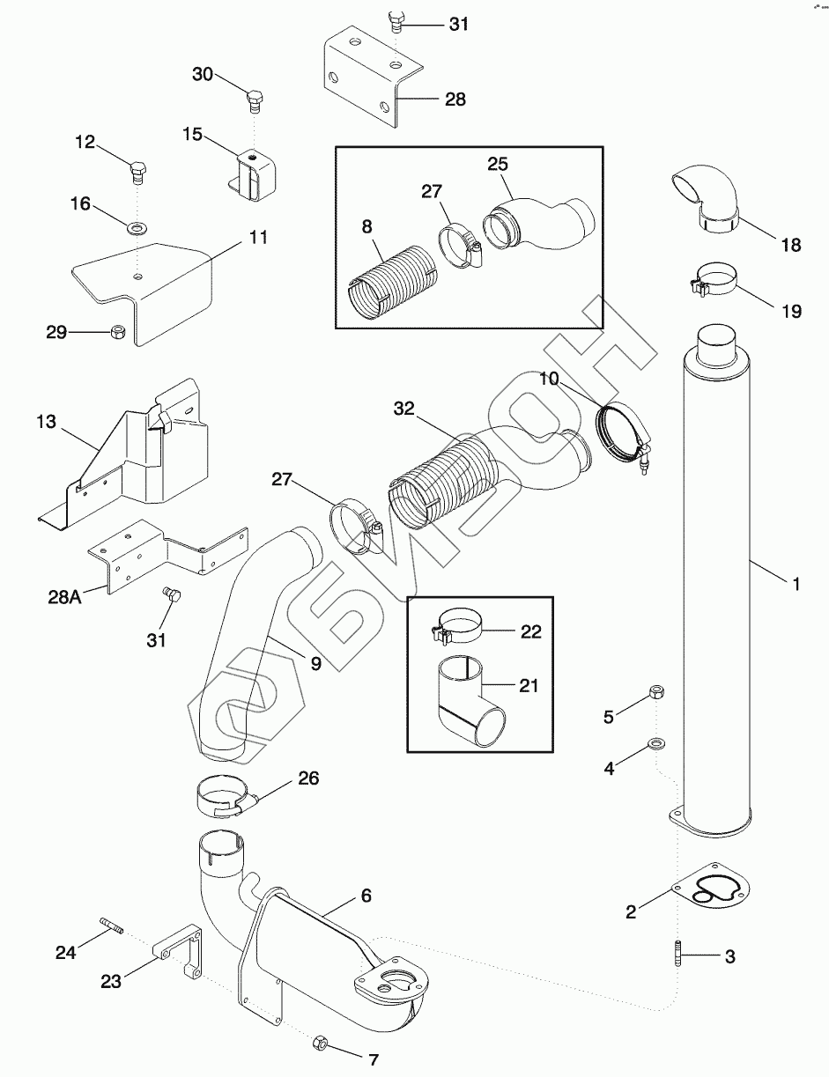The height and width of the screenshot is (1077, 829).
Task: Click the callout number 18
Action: [790, 246]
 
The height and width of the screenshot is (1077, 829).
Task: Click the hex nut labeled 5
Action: [655, 692]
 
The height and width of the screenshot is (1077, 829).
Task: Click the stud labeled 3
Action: [678, 955]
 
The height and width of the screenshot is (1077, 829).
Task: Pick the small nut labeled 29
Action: [116, 332]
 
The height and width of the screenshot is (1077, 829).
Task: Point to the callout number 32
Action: [403, 408]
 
